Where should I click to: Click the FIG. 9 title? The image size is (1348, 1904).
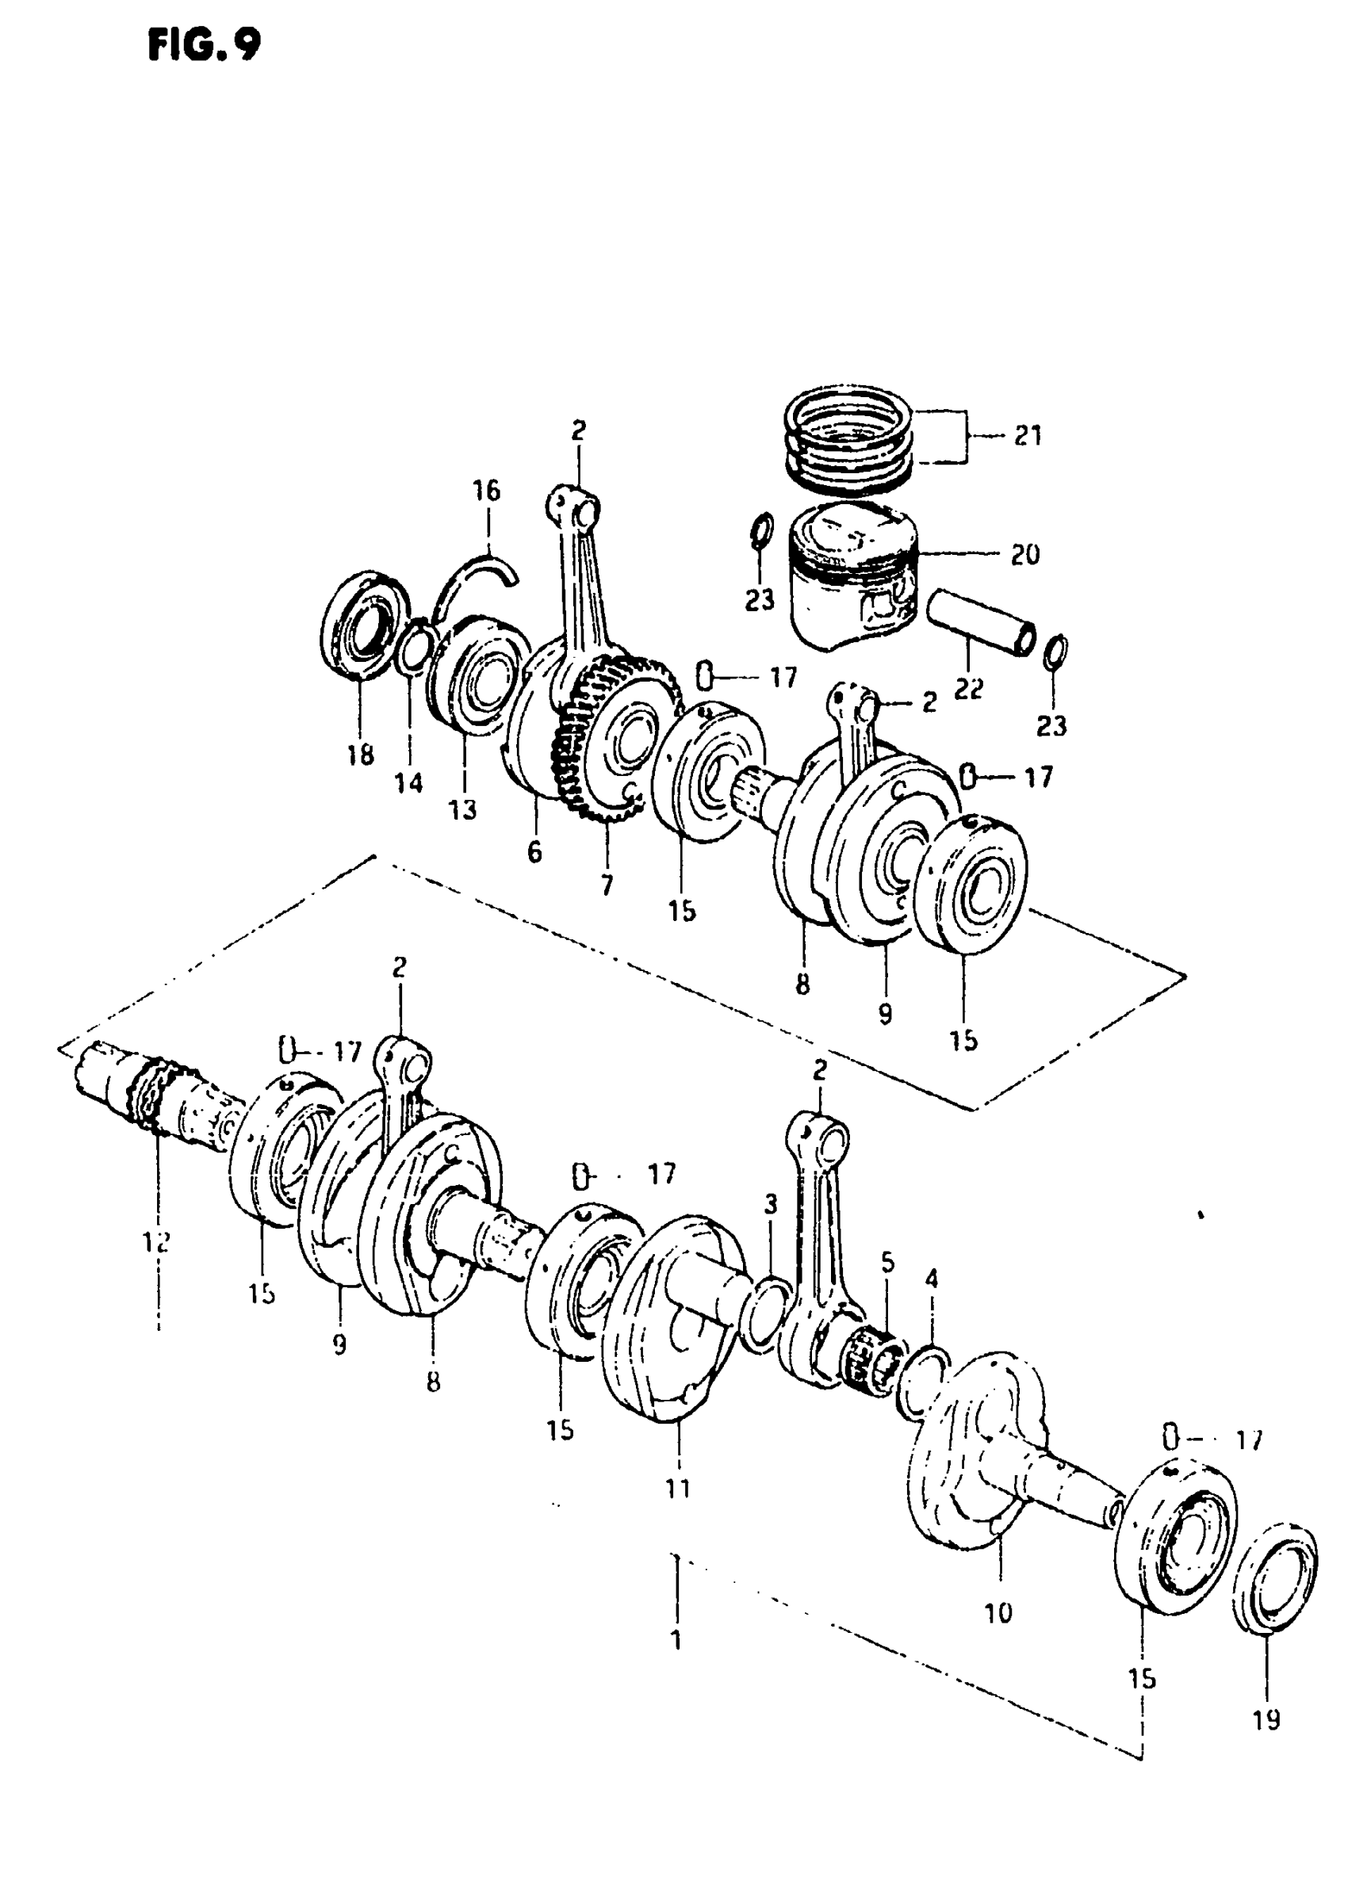pyautogui.click(x=203, y=47)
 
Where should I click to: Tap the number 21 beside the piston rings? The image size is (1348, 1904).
pyautogui.click(x=1028, y=437)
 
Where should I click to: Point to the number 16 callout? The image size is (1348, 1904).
pyautogui.click(x=487, y=491)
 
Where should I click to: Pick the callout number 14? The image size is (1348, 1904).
pyautogui.click(x=408, y=782)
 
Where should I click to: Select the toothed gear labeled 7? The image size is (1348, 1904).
pyautogui.click(x=618, y=738)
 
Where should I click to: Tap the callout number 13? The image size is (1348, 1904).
pyautogui.click(x=463, y=809)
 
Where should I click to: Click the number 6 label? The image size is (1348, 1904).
pyautogui.click(x=534, y=851)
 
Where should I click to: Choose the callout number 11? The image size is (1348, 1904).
pyautogui.click(x=678, y=1489)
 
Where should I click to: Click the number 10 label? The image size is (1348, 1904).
pyautogui.click(x=998, y=1613)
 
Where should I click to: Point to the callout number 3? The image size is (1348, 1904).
pyautogui.click(x=771, y=1205)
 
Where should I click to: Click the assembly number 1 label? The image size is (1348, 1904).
pyautogui.click(x=676, y=1640)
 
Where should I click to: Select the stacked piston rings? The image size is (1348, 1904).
pyautogui.click(x=851, y=440)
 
